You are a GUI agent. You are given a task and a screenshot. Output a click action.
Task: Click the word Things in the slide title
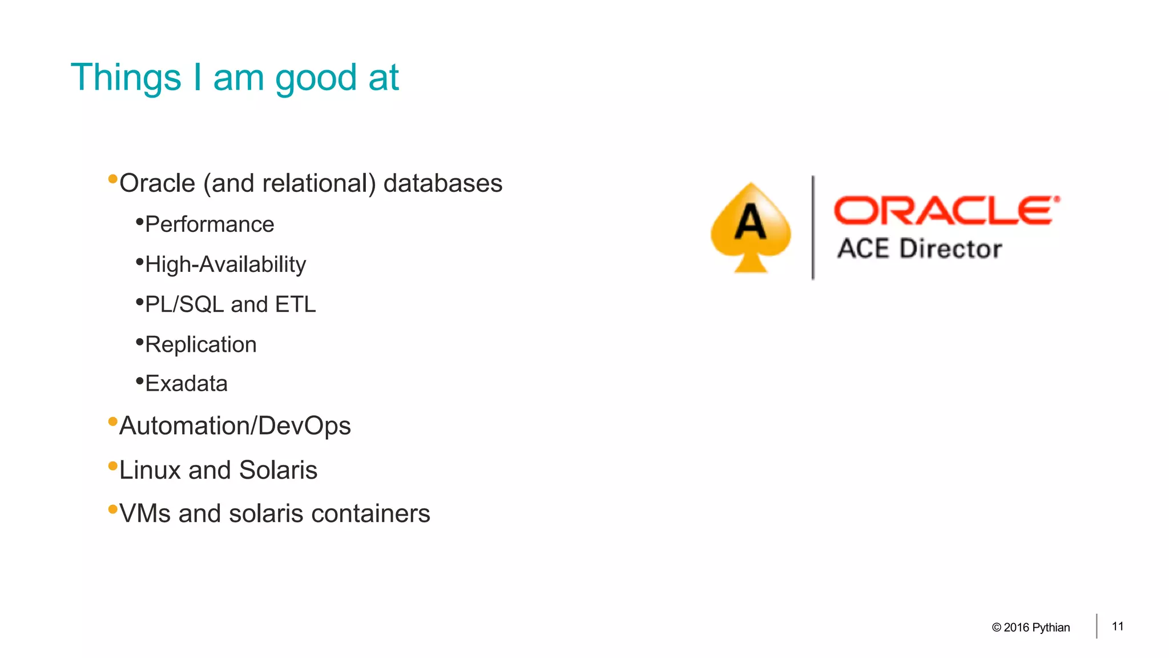pyautogui.click(x=126, y=78)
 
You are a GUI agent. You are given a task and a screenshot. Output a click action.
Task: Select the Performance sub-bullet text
pyautogui.click(x=209, y=224)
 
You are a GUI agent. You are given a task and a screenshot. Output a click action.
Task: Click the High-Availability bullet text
pyautogui.click(x=225, y=264)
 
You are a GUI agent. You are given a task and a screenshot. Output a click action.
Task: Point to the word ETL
pyautogui.click(x=295, y=304)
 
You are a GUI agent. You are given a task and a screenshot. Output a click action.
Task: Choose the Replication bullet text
pyautogui.click(x=201, y=344)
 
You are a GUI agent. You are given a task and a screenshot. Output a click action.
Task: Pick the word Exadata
pyautogui.click(x=186, y=383)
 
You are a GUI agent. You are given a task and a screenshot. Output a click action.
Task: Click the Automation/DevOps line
pyautogui.click(x=235, y=426)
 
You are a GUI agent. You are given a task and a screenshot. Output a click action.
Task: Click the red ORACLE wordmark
pyautogui.click(x=946, y=210)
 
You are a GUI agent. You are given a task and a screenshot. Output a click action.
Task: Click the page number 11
pyautogui.click(x=1118, y=627)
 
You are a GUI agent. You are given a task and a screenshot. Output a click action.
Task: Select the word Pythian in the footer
pyautogui.click(x=1051, y=628)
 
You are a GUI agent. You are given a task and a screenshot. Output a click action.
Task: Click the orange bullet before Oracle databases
pyautogui.click(x=112, y=179)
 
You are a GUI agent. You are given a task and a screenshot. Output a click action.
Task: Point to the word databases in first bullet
pyautogui.click(x=443, y=183)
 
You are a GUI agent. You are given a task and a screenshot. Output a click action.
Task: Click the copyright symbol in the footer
pyautogui.click(x=997, y=628)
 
